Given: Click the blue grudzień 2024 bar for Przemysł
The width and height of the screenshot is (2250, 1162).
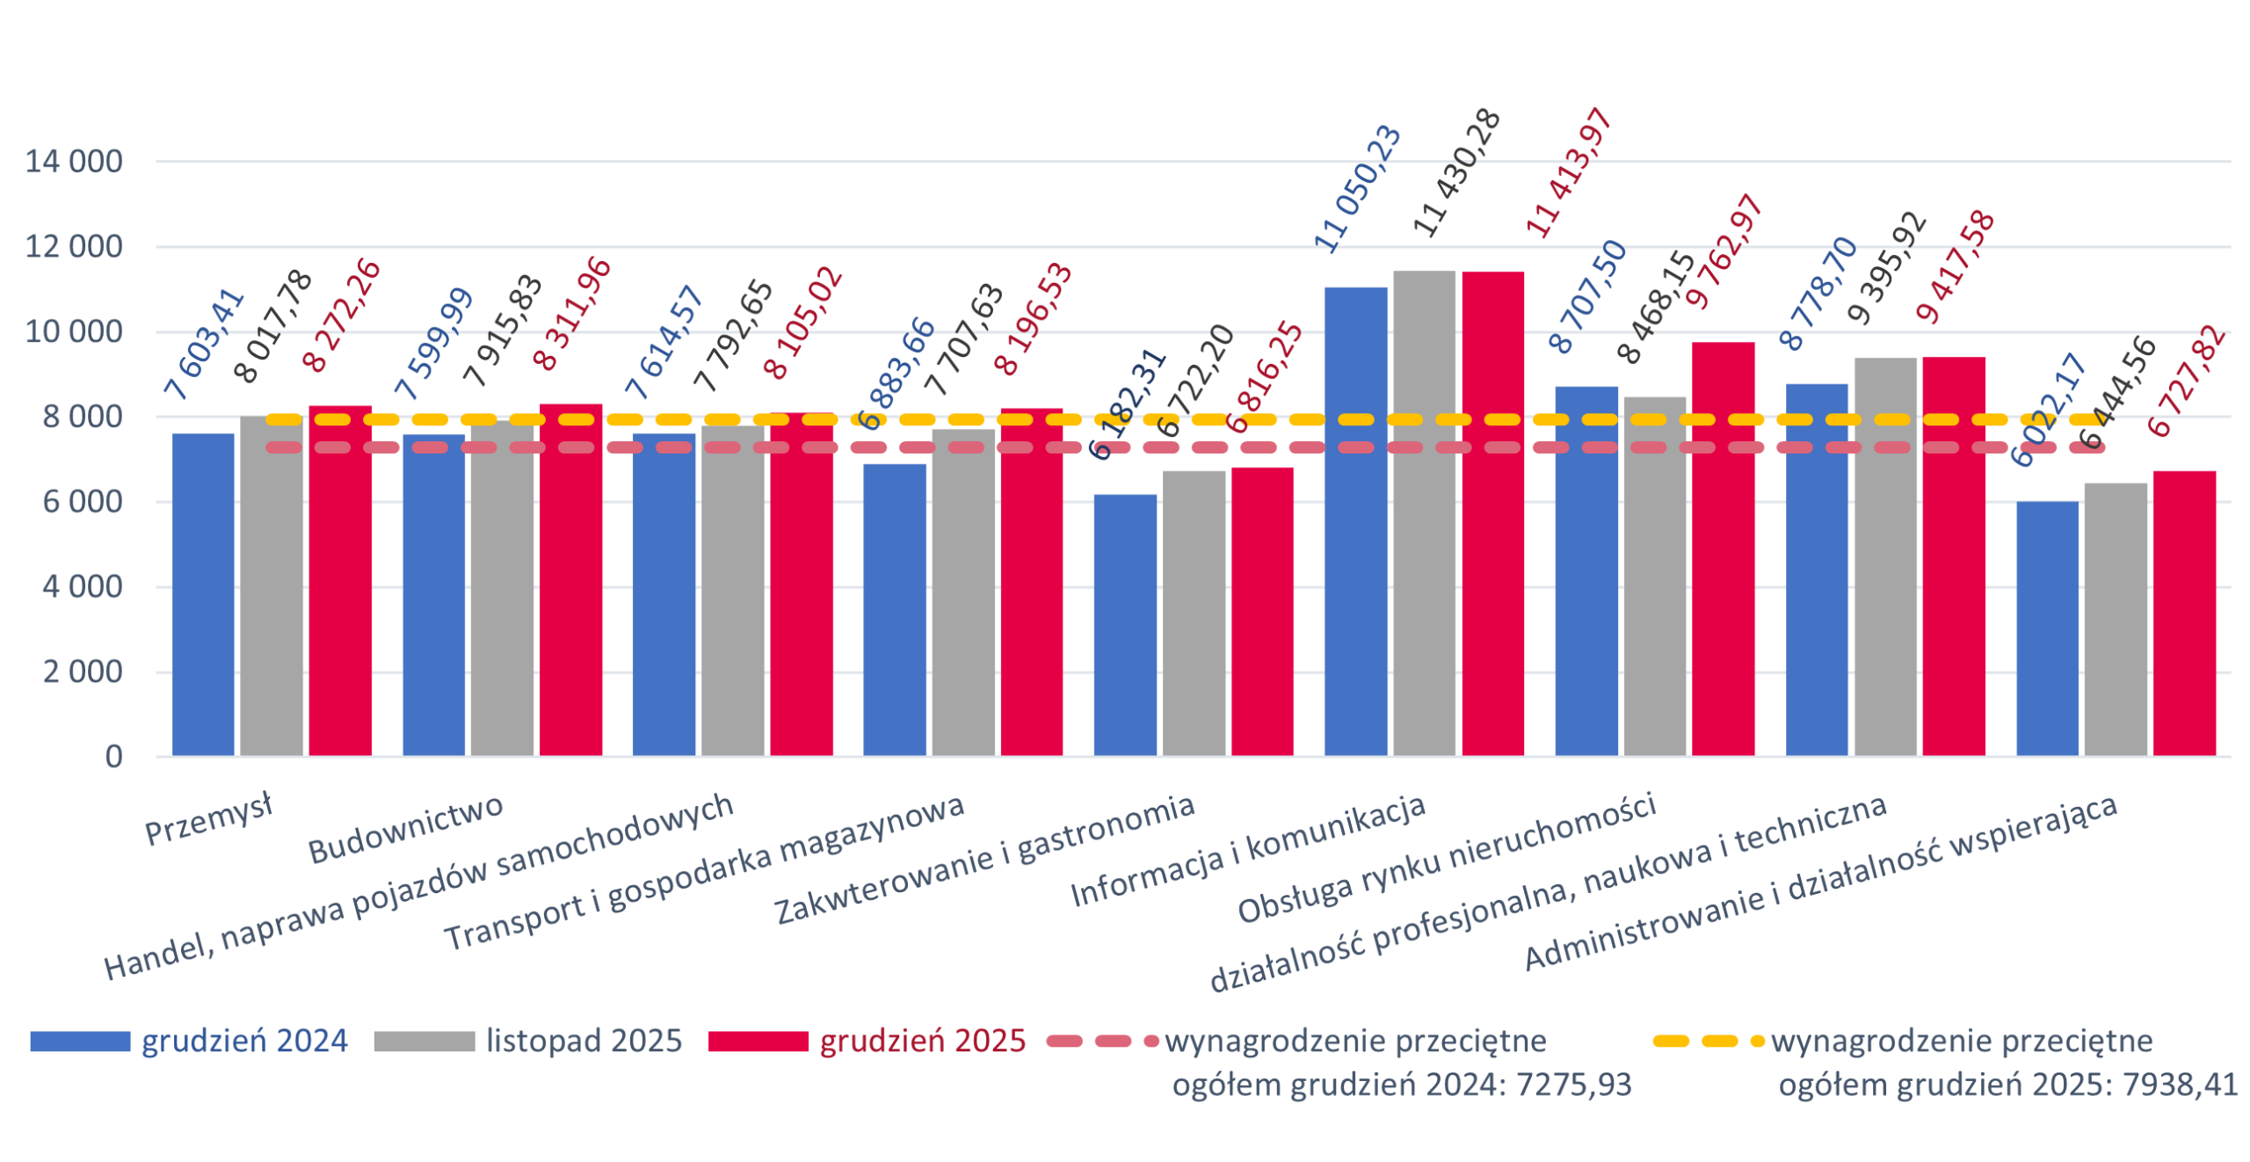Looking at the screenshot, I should (x=203, y=594).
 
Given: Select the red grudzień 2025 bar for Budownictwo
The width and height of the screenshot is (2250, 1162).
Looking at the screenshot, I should (x=570, y=580).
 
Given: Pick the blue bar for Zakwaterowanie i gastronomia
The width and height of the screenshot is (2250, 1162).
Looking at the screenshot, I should (x=1125, y=625).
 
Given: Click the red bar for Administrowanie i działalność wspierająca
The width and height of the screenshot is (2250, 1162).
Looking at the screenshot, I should (x=2184, y=614).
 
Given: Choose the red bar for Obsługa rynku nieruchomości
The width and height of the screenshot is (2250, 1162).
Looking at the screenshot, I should (x=1724, y=549).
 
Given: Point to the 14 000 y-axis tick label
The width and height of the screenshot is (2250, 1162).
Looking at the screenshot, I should (x=74, y=163).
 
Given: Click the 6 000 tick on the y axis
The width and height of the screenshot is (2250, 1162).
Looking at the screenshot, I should (x=83, y=503).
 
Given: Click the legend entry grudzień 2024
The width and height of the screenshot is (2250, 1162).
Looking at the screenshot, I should (x=244, y=1042).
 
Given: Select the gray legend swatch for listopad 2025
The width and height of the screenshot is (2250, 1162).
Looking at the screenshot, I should (x=424, y=1042).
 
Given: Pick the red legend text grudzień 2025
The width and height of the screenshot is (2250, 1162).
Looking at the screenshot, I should (x=922, y=1042).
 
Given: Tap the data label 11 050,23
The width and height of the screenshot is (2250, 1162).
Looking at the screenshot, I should (x=1358, y=189).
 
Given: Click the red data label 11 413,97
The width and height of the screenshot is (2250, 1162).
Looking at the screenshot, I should (x=1570, y=173).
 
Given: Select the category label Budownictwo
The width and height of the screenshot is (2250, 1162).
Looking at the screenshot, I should (x=406, y=830).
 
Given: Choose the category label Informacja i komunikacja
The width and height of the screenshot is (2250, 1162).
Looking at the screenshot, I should (x=1248, y=852).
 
